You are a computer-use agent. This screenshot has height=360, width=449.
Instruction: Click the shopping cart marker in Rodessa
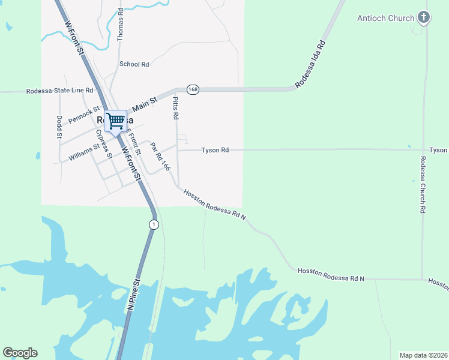click(115, 120)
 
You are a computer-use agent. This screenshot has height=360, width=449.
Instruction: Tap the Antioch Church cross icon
click(424, 17)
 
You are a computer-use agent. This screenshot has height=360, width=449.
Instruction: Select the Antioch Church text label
click(386, 18)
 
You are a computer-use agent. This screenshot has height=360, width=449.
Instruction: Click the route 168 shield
click(192, 89)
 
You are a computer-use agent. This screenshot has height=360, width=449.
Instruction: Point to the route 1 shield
click(154, 224)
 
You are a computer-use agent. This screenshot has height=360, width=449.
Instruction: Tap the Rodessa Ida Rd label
click(310, 63)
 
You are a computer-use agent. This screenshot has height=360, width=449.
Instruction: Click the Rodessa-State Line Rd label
click(59, 91)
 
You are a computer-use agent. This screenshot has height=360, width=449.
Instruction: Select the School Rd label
click(134, 64)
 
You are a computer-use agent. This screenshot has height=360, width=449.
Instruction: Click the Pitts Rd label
click(175, 107)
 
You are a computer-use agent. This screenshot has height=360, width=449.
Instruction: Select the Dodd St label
click(59, 127)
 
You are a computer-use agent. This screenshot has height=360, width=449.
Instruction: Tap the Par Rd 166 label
click(160, 156)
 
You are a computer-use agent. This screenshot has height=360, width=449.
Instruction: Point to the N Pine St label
click(133, 293)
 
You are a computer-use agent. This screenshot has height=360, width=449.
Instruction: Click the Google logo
click(20, 353)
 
